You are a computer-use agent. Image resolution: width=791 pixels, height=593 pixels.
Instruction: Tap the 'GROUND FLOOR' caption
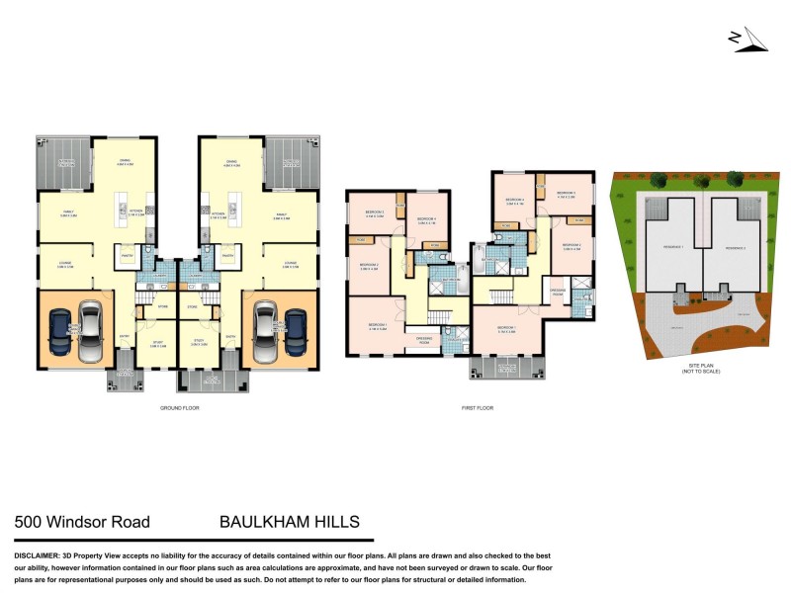pos(179,407)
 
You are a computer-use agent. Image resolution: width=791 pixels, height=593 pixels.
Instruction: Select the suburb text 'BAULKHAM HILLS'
pos(289,522)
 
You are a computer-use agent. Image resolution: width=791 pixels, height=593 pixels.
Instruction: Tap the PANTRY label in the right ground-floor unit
pos(227,255)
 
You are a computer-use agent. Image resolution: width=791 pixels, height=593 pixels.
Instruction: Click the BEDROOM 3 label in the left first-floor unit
pos(373,212)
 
